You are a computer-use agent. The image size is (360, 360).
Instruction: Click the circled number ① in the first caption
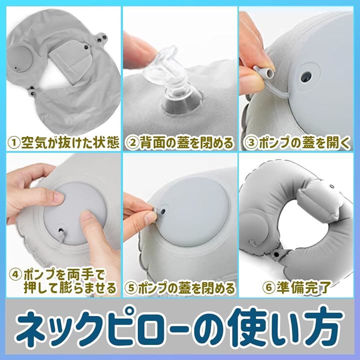[14, 142]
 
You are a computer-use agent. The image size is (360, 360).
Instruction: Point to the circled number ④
[15, 275]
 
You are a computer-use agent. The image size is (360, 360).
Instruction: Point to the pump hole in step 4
[60, 230]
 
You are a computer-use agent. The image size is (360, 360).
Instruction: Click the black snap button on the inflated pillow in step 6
[276, 254]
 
